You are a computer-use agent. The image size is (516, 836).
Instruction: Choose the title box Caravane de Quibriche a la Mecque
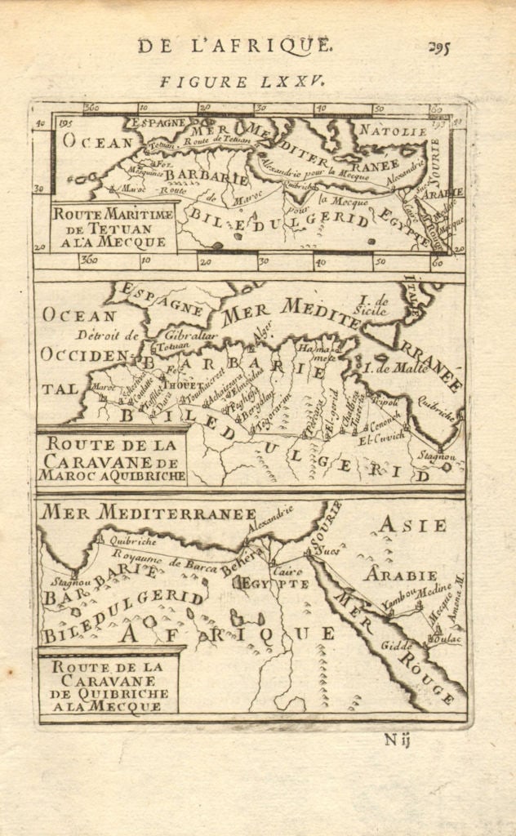107,686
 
